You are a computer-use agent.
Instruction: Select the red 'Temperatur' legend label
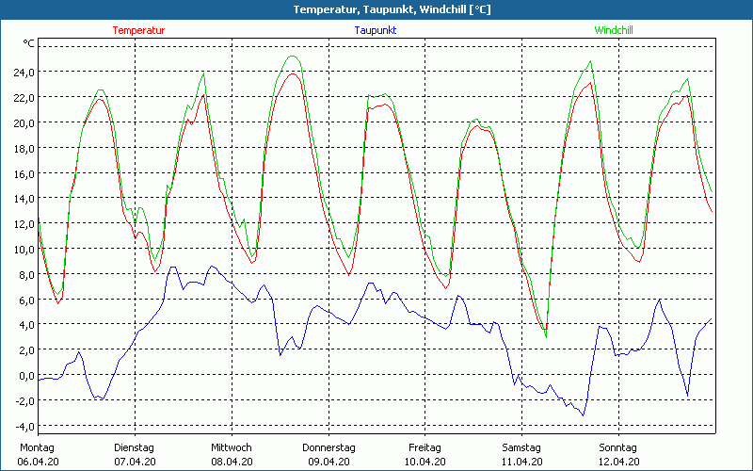138,30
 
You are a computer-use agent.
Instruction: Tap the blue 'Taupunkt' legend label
376,30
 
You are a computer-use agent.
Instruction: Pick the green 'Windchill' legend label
613,30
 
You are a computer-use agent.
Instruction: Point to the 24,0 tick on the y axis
23,72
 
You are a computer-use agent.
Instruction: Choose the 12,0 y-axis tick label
23,224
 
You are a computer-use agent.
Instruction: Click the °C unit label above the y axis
29,44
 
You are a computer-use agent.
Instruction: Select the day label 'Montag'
37,447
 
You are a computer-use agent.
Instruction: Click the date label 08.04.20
232,462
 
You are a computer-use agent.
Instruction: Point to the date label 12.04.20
618,462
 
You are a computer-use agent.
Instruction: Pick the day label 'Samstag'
521,447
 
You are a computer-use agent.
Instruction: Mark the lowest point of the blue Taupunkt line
584,415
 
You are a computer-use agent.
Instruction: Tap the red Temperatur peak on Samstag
590,83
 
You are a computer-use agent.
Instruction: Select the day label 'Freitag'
425,447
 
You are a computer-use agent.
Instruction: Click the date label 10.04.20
425,462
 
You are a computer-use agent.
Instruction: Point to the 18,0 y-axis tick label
23,148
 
